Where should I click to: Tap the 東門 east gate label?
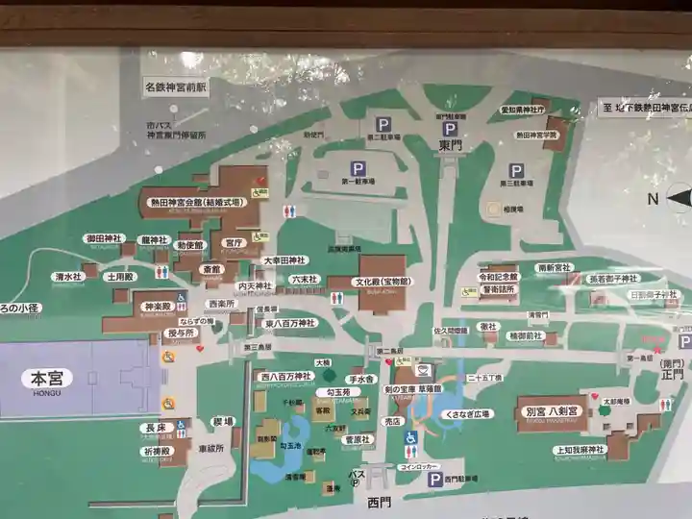coord(450,145)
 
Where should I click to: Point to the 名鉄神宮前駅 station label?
coord(176,86)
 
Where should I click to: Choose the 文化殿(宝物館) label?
coord(382,283)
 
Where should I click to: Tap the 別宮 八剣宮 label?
coord(552,410)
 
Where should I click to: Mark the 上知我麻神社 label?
coord(582,449)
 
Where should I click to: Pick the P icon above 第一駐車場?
coord(358,169)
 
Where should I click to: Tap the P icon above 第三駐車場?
coord(516,170)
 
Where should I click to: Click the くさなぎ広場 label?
coord(466,413)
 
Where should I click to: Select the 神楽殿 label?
coord(157,307)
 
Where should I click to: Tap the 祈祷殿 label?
coord(156,450)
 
